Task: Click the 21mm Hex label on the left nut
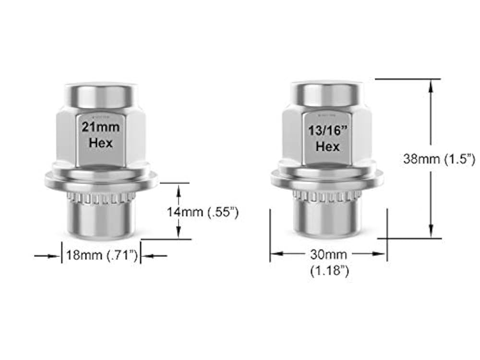[101, 135]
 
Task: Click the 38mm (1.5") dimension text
[439, 158]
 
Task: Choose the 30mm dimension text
[328, 253]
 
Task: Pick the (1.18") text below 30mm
[328, 271]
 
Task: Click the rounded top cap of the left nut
[101, 95]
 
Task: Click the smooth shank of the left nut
[101, 220]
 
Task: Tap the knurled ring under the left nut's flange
[101, 197]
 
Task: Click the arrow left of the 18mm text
[53, 256]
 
